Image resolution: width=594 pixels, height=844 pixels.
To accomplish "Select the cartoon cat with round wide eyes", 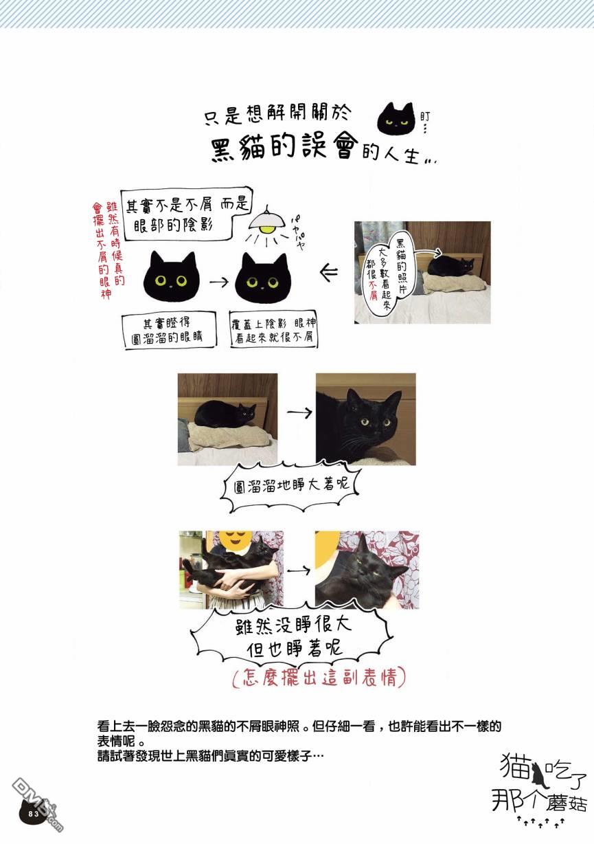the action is (x=171, y=276).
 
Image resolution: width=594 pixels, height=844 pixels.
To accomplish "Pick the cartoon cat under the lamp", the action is (x=263, y=279).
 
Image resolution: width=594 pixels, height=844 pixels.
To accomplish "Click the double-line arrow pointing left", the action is (x=328, y=272).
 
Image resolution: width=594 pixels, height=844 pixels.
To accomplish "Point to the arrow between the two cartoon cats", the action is (x=219, y=282).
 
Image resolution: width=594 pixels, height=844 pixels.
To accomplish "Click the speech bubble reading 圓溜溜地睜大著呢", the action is (x=291, y=487).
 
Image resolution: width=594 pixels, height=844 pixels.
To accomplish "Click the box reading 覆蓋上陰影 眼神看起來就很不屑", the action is (x=274, y=330).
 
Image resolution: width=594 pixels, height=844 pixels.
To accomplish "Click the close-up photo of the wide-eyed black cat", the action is (x=365, y=419).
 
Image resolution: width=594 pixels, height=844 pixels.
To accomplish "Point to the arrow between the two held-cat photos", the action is (x=299, y=571).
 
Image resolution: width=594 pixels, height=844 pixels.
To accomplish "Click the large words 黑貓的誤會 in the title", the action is (x=284, y=148).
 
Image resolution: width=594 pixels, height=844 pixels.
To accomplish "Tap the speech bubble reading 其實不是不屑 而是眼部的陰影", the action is (x=186, y=214).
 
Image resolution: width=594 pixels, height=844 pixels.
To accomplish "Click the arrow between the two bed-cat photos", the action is (x=299, y=412).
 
